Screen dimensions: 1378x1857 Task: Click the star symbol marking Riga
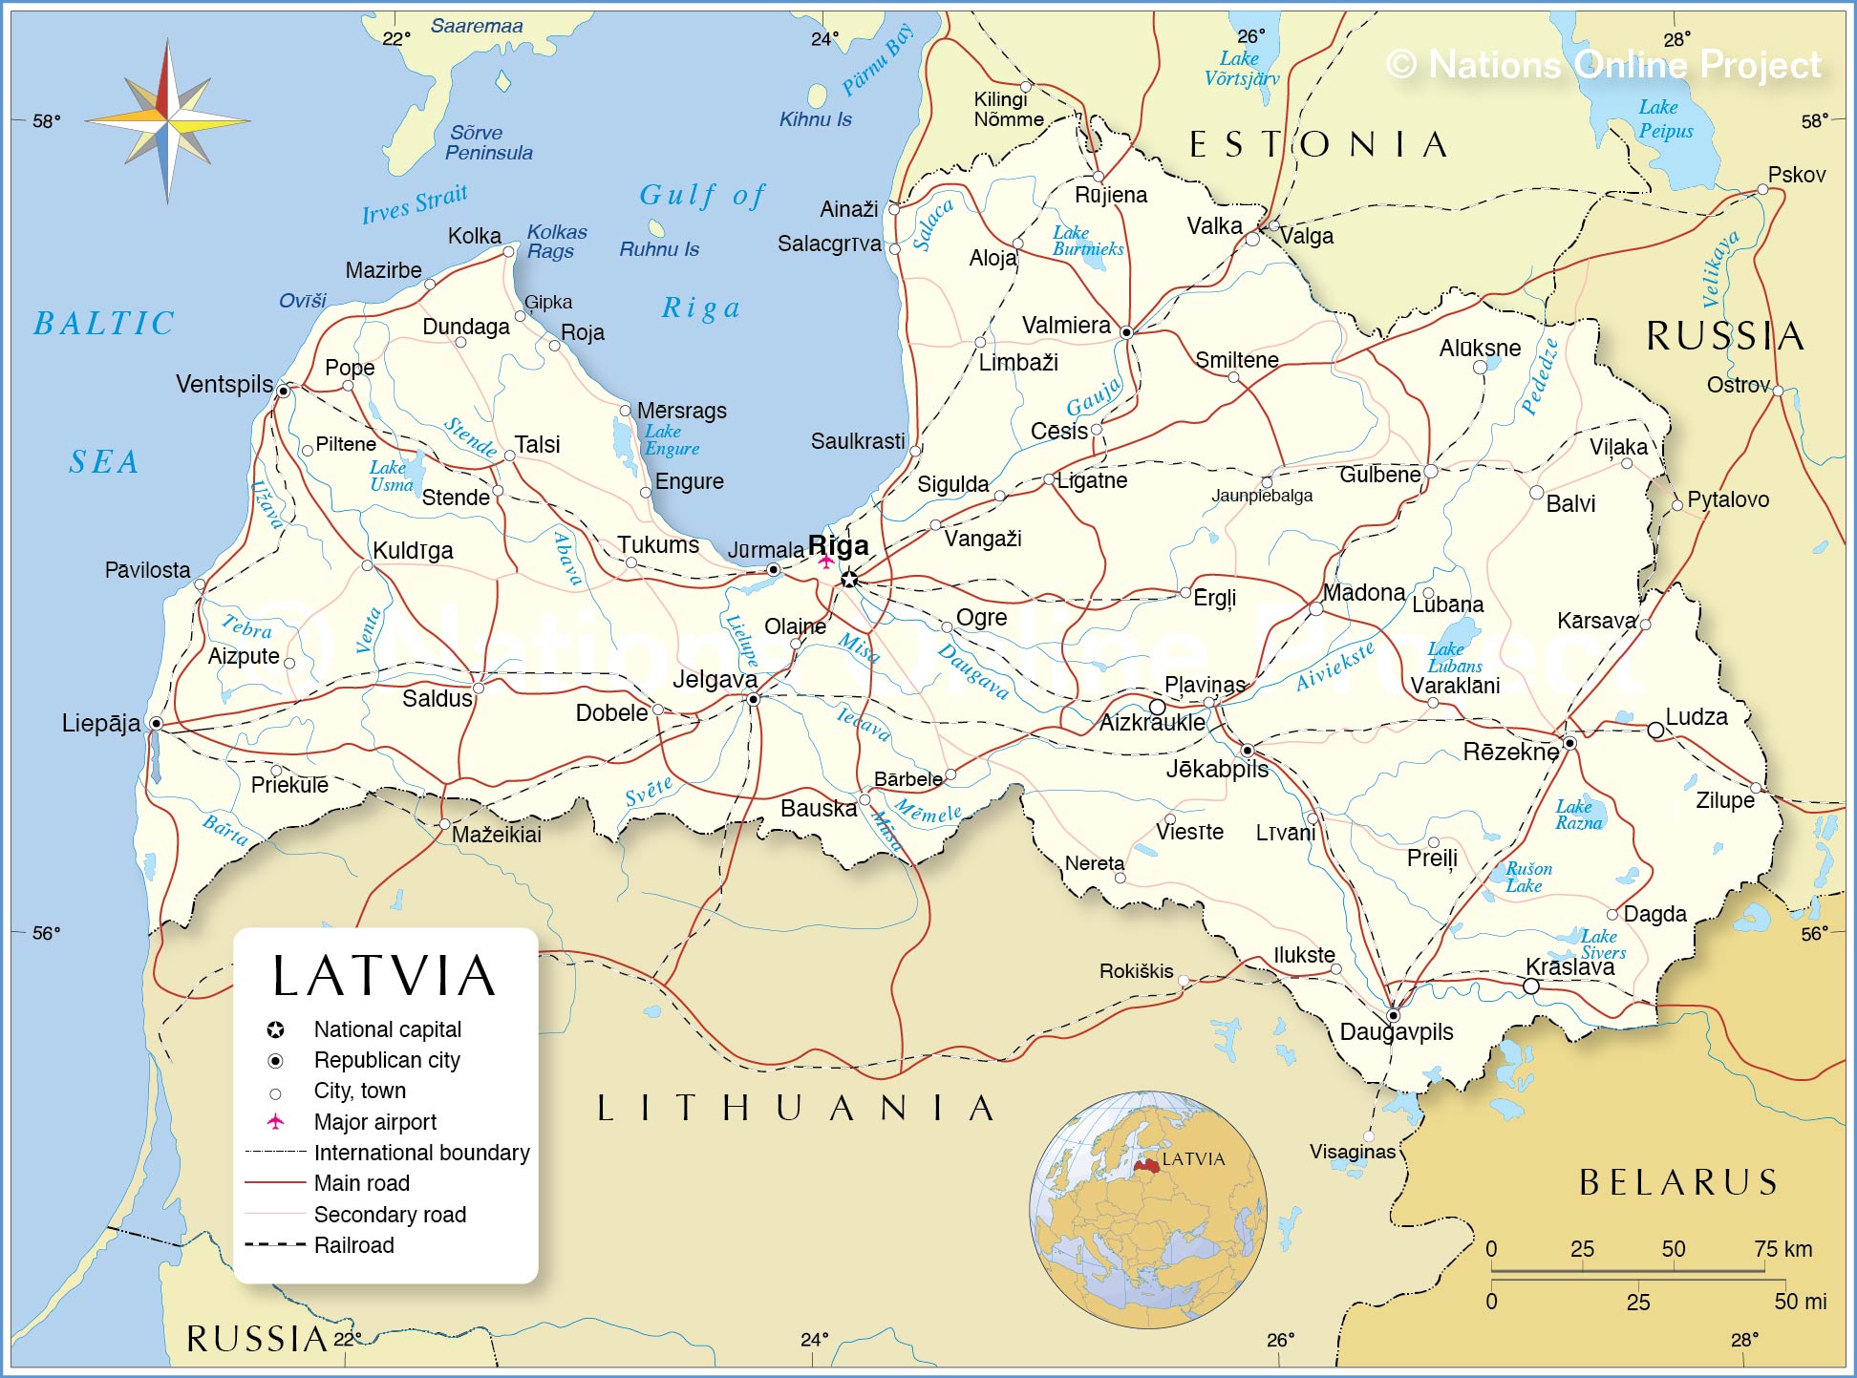(849, 579)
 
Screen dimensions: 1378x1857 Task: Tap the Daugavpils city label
(1396, 1031)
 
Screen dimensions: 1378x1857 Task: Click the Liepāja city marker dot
(156, 724)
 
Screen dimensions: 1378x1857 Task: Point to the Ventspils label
(224, 384)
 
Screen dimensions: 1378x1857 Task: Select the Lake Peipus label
(1665, 119)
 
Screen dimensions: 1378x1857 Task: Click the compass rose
(168, 121)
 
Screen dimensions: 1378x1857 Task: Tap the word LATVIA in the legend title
(384, 976)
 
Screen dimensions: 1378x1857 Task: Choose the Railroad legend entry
(353, 1245)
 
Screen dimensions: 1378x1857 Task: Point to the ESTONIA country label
(1318, 145)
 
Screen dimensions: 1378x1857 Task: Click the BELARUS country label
(1678, 1182)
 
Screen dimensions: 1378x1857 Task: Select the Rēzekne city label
(1510, 752)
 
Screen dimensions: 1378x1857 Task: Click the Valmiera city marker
(1126, 332)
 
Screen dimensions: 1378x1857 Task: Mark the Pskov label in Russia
(1796, 175)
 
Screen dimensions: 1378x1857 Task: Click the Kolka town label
(474, 236)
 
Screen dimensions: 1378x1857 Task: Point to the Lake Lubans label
(1454, 657)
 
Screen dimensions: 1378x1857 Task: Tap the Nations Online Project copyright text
(1604, 65)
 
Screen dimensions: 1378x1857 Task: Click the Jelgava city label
(715, 679)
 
